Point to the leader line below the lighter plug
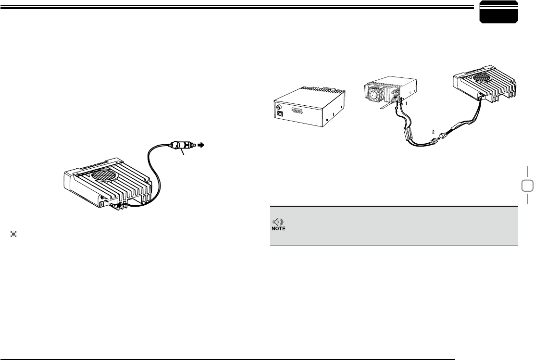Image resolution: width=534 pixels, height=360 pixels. tap(181, 153)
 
